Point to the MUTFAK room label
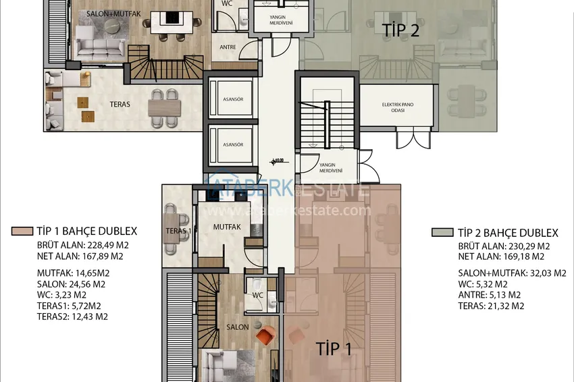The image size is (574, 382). point(226,227)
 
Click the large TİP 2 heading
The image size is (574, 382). point(400,30)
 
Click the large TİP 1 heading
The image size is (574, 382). point(334,349)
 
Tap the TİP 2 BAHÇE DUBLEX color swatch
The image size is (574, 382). point(442,232)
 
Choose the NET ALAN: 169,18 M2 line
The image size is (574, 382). point(501,256)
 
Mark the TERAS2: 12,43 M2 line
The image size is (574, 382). point(72,316)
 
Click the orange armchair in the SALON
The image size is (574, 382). point(265,333)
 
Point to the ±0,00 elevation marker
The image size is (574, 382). point(277,161)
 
